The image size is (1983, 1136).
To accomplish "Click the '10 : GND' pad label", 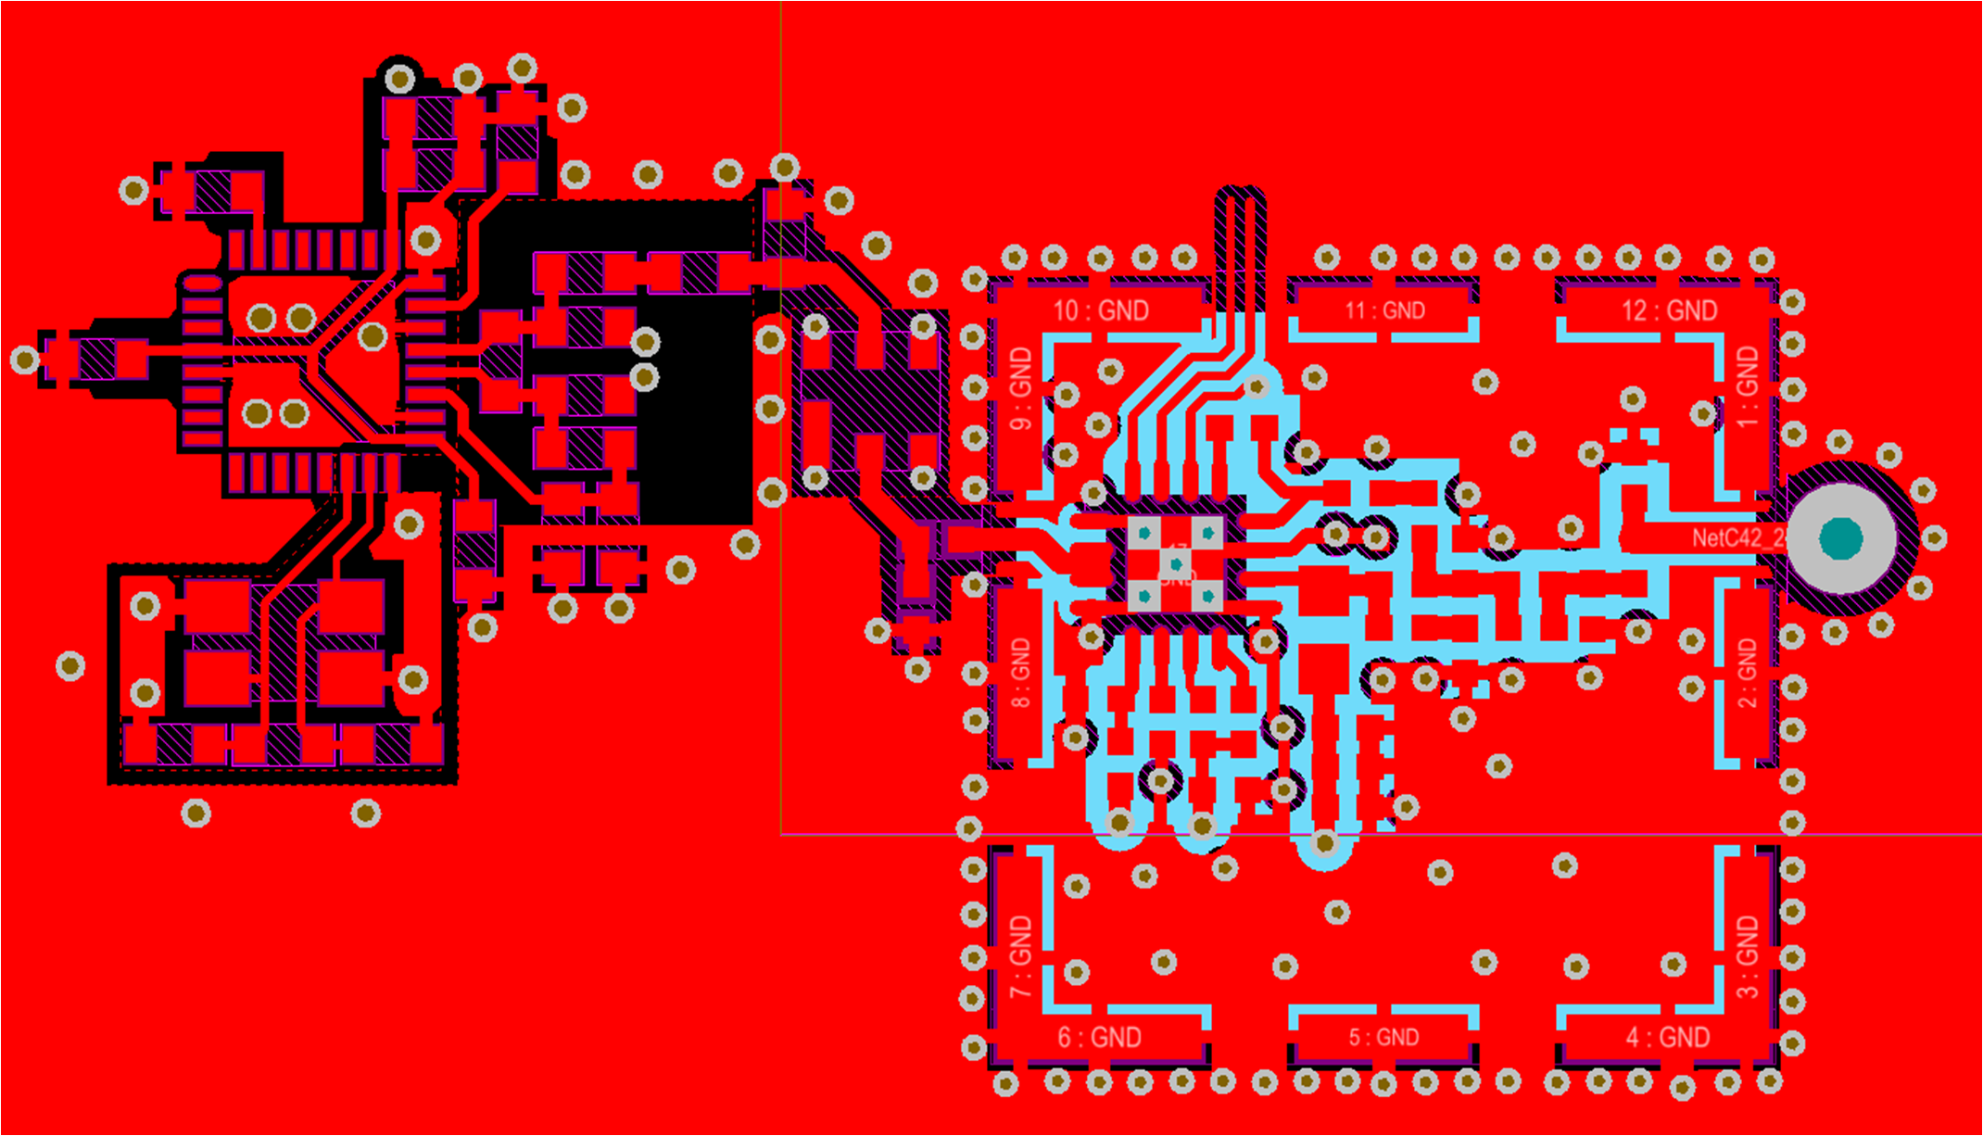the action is click(x=1101, y=310).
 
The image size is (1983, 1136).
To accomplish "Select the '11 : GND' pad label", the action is click(x=1384, y=310).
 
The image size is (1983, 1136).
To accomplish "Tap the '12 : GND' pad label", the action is click(x=1668, y=310).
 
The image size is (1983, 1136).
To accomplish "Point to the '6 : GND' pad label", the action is click(x=1100, y=1037).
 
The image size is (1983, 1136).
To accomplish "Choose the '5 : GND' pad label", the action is click(x=1383, y=1037).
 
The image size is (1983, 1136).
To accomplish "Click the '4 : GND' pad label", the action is click(x=1668, y=1037).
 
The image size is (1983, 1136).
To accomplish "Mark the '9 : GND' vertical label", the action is click(x=1020, y=389).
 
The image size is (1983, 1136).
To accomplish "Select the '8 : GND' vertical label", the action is click(x=1020, y=673).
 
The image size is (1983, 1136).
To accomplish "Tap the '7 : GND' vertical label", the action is click(x=1020, y=956).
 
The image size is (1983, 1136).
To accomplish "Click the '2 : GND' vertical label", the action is click(x=1747, y=673).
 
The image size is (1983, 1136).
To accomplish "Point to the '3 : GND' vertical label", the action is click(x=1747, y=956).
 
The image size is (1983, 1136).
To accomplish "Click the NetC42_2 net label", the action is click(x=1738, y=538).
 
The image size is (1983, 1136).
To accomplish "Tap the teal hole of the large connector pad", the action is click(x=1840, y=538).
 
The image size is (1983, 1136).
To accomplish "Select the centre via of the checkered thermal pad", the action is click(x=1176, y=563).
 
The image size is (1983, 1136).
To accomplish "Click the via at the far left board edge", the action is click(x=25, y=360).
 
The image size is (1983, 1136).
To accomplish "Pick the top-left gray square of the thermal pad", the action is click(x=1144, y=533).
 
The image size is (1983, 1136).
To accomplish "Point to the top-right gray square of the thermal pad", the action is click(x=1207, y=533).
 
